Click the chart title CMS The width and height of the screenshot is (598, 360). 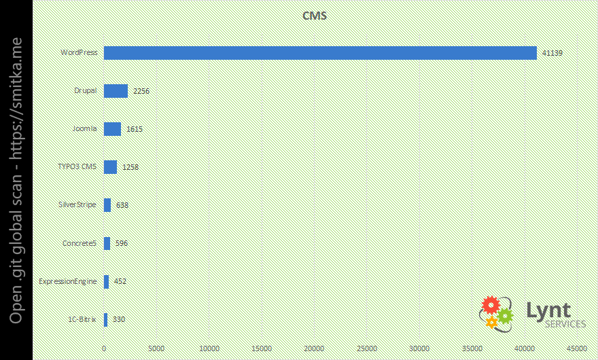pyautogui.click(x=315, y=16)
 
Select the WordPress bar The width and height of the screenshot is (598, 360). pyautogui.click(x=320, y=53)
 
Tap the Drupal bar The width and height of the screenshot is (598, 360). pyautogui.click(x=116, y=91)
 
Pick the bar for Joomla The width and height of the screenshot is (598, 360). pyautogui.click(x=112, y=129)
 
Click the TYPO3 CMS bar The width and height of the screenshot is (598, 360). pyautogui.click(x=110, y=167)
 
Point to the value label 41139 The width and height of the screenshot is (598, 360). pyautogui.click(x=552, y=53)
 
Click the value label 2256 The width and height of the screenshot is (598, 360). pyautogui.click(x=141, y=91)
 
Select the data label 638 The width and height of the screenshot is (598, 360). pyautogui.click(x=122, y=205)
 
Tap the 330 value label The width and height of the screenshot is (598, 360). pyautogui.click(x=119, y=319)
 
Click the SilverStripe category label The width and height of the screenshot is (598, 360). pyautogui.click(x=79, y=204)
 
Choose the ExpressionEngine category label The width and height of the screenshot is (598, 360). pyautogui.click(x=68, y=281)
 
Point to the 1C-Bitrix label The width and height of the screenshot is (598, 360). pyautogui.click(x=82, y=319)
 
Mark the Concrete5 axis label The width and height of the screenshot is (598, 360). pyautogui.click(x=80, y=243)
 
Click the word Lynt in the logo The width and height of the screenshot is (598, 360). pyautogui.click(x=548, y=310)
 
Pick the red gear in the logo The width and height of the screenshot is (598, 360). pyautogui.click(x=490, y=305)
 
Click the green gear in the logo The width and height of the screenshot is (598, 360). pyautogui.click(x=505, y=316)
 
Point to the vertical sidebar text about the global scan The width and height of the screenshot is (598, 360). pyautogui.click(x=16, y=180)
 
